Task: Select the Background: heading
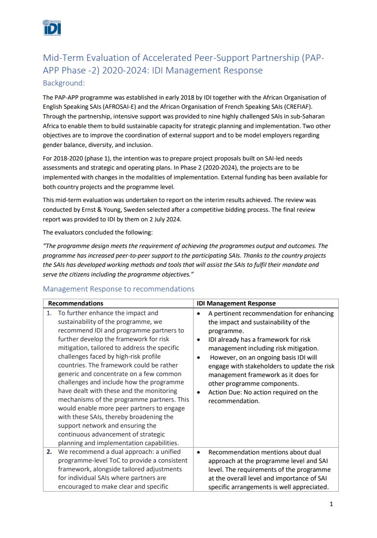pyautogui.click(x=64, y=83)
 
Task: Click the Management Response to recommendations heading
pyautogui.click(x=118, y=289)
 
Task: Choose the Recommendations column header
pyautogui.click(x=75, y=304)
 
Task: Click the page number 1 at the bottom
pyautogui.click(x=331, y=504)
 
